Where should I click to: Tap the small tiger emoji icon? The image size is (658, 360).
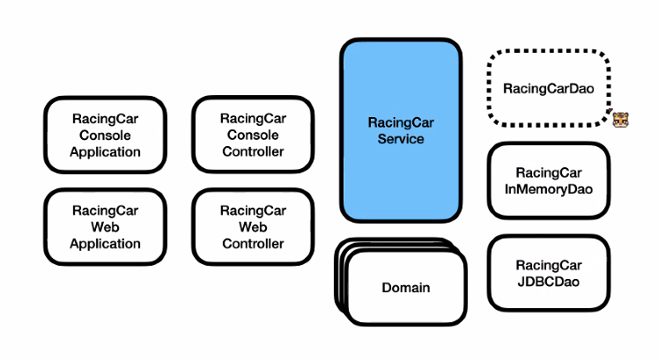click(x=621, y=120)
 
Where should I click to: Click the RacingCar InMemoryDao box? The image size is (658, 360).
click(x=548, y=180)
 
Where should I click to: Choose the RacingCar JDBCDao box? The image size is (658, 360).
click(x=548, y=272)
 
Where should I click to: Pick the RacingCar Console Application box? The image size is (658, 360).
click(x=105, y=134)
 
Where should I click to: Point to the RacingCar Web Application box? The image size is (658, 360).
click(x=105, y=226)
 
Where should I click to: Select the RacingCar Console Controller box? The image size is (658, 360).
click(x=253, y=134)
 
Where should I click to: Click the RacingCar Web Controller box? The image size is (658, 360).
click(x=253, y=226)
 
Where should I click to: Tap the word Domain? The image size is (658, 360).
click(x=406, y=288)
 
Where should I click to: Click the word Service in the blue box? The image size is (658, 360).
click(x=401, y=139)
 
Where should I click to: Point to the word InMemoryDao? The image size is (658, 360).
click(x=548, y=188)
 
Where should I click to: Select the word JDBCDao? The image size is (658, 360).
click(x=548, y=281)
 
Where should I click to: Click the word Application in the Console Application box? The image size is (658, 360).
click(x=105, y=151)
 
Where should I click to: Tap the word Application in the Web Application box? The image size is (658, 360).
click(x=105, y=244)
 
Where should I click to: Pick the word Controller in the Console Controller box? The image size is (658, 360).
click(x=253, y=151)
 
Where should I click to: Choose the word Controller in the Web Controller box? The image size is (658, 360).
click(x=253, y=244)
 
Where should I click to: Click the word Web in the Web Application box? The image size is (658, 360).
click(x=105, y=226)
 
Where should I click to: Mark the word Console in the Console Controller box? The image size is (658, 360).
click(x=253, y=135)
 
